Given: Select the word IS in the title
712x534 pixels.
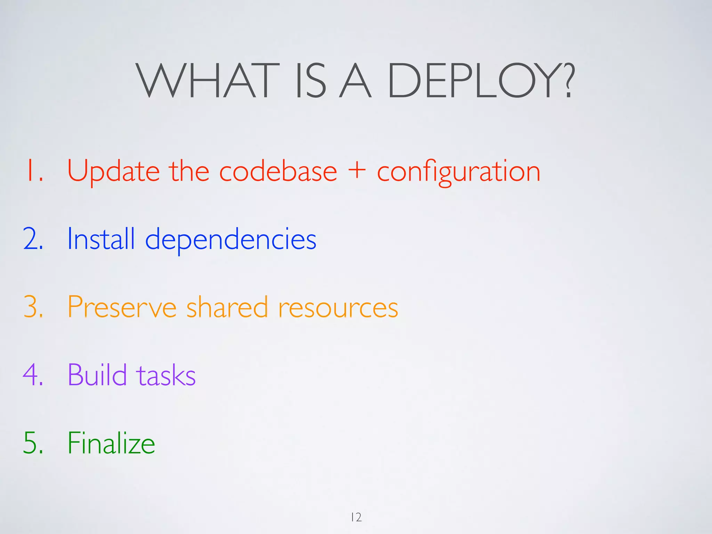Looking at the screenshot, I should click(310, 81).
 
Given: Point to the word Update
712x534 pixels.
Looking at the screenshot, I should click(113, 171).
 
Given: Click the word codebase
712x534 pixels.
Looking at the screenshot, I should click(278, 171).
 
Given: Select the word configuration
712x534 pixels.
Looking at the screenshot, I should click(459, 171).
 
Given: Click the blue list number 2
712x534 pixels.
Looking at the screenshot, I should click(33, 239).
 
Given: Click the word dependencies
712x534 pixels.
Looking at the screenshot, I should click(230, 240).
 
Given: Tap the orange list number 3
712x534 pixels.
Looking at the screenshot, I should click(33, 307).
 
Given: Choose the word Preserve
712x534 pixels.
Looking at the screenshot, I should click(122, 307).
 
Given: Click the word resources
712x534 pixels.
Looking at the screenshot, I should click(338, 308).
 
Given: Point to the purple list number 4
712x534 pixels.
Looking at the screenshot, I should click(32, 375).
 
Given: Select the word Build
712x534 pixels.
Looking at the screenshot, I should click(97, 375).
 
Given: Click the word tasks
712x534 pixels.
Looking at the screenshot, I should click(166, 375).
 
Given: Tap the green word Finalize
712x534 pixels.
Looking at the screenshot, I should click(111, 443).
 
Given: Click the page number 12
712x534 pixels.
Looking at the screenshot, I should click(356, 517).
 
